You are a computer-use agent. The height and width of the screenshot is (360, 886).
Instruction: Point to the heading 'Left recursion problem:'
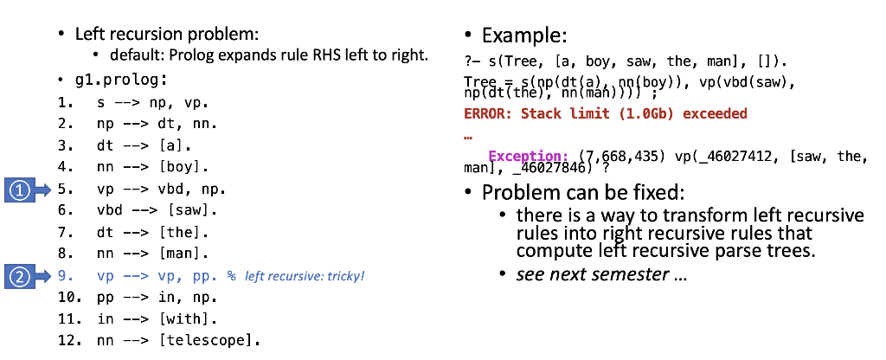[x=167, y=35]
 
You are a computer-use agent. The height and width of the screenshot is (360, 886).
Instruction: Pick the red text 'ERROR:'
[x=487, y=113]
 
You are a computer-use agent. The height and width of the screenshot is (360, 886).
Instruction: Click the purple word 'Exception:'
[x=528, y=156]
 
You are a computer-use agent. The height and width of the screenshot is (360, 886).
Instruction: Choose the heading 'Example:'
[x=523, y=35]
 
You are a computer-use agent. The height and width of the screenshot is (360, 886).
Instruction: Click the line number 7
[x=64, y=233]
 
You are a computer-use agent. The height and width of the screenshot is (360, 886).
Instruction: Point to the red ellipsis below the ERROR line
[x=468, y=136]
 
